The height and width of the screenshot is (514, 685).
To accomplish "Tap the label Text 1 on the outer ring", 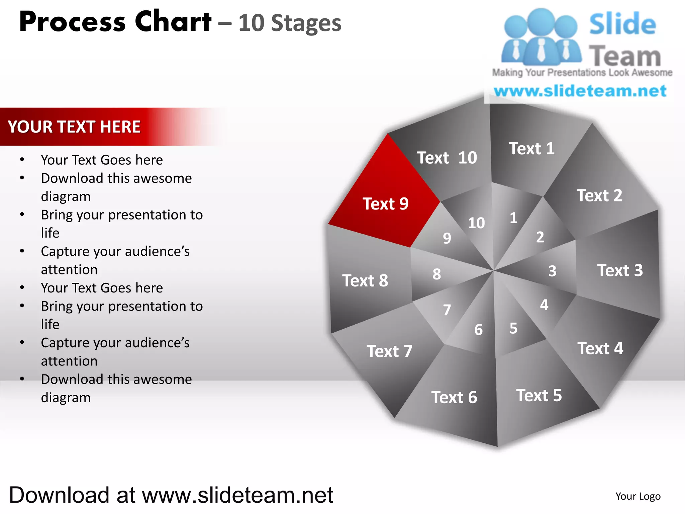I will click(531, 149).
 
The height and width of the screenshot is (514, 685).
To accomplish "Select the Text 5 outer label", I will click(539, 395).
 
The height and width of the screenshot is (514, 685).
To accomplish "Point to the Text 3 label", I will click(620, 270).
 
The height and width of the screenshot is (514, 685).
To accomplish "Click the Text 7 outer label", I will click(389, 351).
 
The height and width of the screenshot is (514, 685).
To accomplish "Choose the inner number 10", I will click(476, 223).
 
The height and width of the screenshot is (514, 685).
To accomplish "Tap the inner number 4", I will click(544, 305).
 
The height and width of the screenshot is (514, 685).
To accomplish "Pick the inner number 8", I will click(437, 274).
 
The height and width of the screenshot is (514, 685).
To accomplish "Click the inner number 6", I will click(479, 330).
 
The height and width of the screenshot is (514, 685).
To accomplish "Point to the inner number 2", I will click(540, 237).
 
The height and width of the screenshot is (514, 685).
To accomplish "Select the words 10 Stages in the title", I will click(290, 23).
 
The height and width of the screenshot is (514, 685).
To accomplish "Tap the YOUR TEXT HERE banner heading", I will click(74, 127).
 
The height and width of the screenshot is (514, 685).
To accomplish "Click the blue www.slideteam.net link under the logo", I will click(580, 91).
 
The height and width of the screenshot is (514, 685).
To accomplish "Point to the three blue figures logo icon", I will click(541, 37).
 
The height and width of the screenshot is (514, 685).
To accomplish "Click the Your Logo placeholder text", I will click(638, 496).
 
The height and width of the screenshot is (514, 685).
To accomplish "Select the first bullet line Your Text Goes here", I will click(102, 160).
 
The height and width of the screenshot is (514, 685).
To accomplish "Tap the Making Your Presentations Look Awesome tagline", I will click(582, 73).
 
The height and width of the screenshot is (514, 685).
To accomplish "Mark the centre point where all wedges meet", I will click(494, 270).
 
